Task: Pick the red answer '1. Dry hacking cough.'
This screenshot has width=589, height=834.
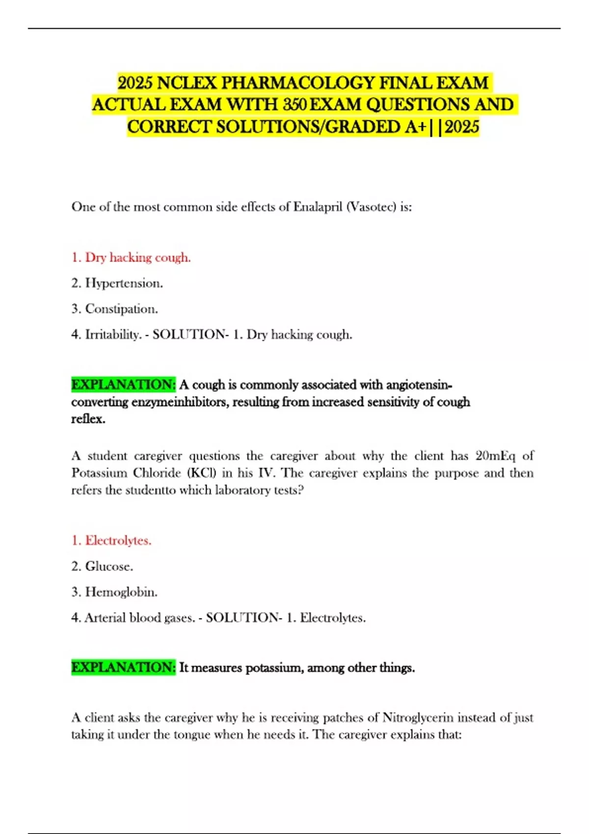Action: point(131,258)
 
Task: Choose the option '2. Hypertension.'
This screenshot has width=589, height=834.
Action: point(117,283)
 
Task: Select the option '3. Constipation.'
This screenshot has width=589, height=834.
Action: point(115,309)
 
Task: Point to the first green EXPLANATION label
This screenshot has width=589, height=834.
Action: point(123,385)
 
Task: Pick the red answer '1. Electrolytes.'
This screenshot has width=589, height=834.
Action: point(111,541)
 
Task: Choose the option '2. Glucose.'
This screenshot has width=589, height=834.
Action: point(102,566)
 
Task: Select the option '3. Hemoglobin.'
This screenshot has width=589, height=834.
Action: point(114,592)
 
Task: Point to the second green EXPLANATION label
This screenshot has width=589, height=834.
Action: point(123,668)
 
